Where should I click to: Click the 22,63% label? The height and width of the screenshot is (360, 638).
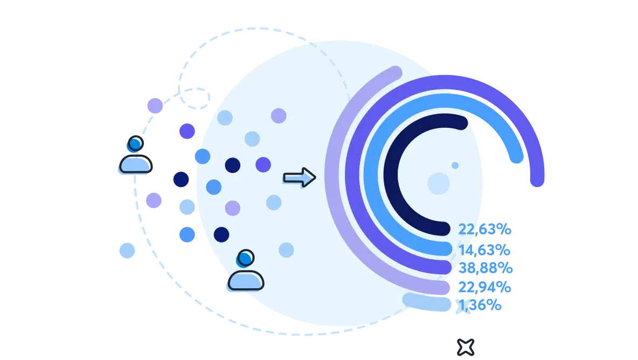click(x=484, y=230)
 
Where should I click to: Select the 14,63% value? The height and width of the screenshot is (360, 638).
click(x=484, y=250)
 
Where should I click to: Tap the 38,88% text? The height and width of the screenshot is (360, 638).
click(x=486, y=268)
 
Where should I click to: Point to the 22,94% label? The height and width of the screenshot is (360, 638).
click(x=484, y=287)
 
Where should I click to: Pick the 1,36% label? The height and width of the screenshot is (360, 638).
click(x=480, y=305)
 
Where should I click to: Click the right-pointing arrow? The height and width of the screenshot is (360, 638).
click(x=300, y=177)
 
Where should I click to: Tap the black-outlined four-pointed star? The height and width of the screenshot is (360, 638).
click(x=466, y=348)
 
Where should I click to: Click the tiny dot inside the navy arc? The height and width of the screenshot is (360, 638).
click(x=455, y=165)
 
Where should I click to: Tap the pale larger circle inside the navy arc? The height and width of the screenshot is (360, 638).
click(x=439, y=183)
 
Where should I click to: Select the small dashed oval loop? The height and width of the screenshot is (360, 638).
click(x=195, y=99)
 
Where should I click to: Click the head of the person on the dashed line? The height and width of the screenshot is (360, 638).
click(x=135, y=144)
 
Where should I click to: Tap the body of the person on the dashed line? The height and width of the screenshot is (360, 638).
click(x=135, y=164)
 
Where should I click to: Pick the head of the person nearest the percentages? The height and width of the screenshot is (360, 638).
click(x=245, y=258)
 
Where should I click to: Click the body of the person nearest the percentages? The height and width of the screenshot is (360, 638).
click(x=246, y=280)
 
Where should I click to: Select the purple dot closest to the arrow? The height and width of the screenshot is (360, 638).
click(x=263, y=165)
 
